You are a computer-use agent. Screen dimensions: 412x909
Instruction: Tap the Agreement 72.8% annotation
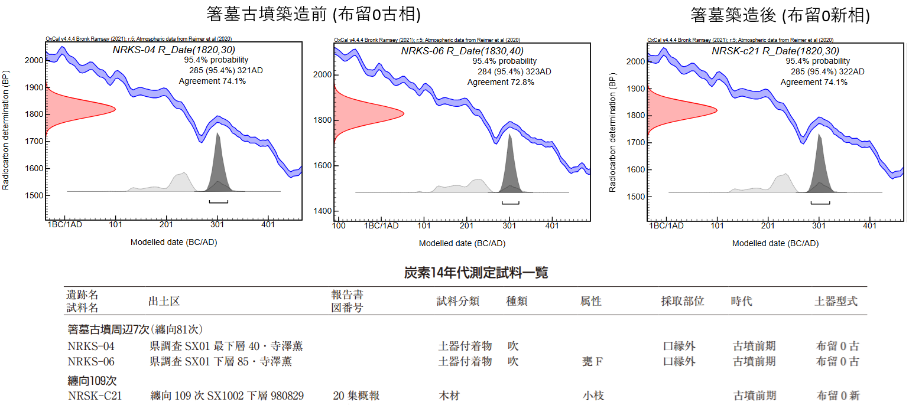pyautogui.click(x=501, y=82)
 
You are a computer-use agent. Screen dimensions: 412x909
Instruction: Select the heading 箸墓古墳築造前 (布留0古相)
pyautogui.click(x=314, y=15)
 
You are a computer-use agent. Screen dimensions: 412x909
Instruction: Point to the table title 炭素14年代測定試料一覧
pyautogui.click(x=476, y=273)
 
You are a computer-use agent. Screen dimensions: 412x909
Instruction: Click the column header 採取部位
pyautogui.click(x=682, y=301)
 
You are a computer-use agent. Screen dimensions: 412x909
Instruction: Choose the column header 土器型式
pyautogui.click(x=836, y=301)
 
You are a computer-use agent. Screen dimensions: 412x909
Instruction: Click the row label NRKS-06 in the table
pyautogui.click(x=91, y=361)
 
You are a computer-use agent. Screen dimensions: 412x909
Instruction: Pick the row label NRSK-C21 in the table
pyautogui.click(x=95, y=395)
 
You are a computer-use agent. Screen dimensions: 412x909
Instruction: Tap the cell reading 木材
pyautogui.click(x=449, y=395)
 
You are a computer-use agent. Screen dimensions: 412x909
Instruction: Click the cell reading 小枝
pyautogui.click(x=593, y=395)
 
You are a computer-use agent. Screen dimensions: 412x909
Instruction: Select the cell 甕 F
pyautogui.click(x=592, y=361)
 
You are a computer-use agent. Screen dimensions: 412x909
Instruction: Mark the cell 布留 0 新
pyautogui.click(x=837, y=395)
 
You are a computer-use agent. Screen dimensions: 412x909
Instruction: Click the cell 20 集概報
pyautogui.click(x=356, y=395)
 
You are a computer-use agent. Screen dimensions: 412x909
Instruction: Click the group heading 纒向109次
pyautogui.click(x=92, y=381)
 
